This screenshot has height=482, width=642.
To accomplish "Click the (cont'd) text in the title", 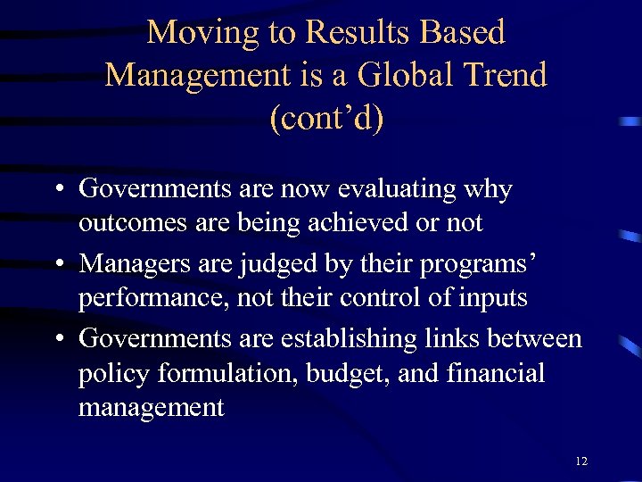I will pos(326,118).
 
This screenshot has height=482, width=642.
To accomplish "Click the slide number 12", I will pos(581,461).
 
